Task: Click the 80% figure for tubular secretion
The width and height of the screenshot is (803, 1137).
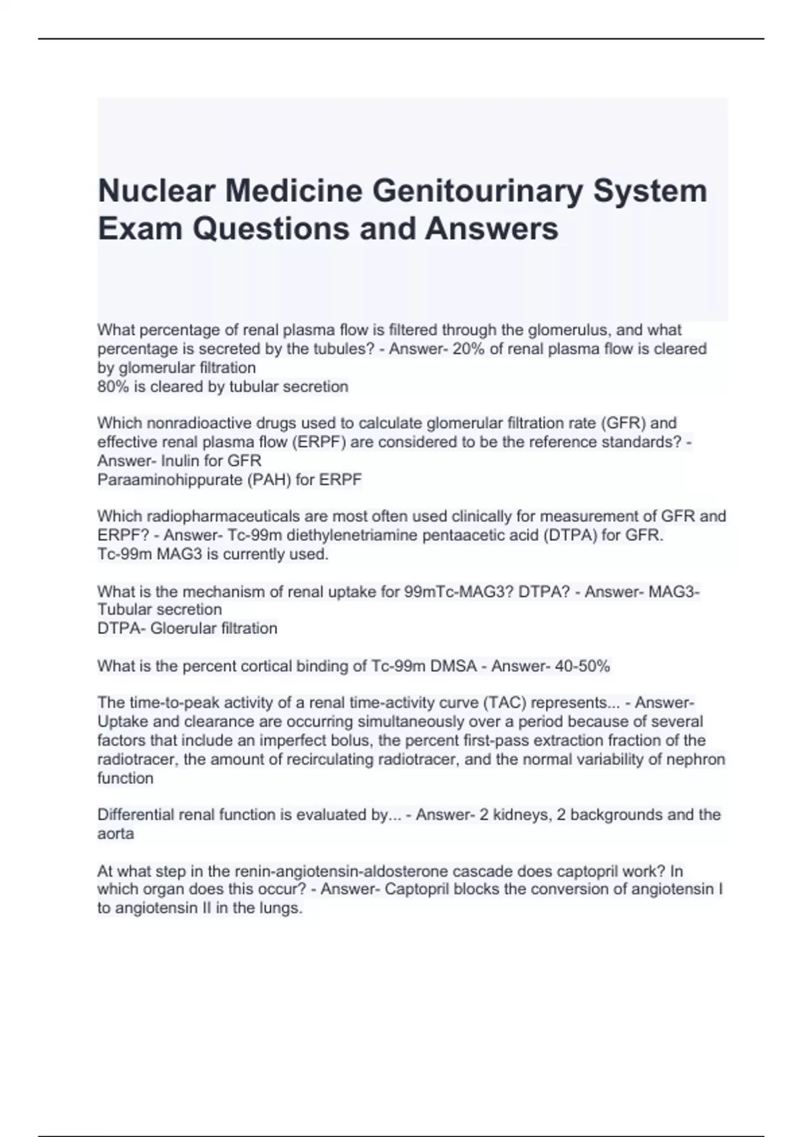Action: [x=112, y=387]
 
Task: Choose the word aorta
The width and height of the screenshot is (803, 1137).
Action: [x=116, y=834]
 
